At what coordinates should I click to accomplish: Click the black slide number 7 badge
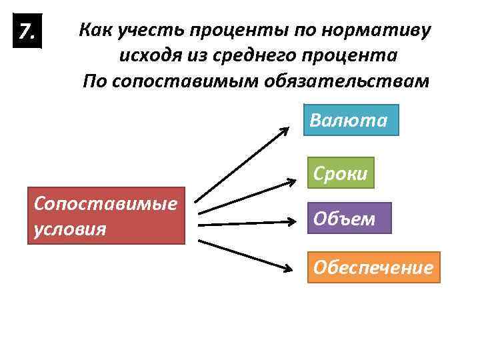27,31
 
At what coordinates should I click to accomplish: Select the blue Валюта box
351,120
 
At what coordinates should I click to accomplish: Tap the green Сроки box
340,173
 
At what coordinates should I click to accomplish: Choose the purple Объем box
349,218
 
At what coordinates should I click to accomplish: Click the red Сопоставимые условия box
107,215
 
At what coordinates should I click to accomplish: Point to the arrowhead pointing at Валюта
284,131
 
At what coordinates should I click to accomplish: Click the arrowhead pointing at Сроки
294,179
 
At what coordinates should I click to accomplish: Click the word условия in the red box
69,229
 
